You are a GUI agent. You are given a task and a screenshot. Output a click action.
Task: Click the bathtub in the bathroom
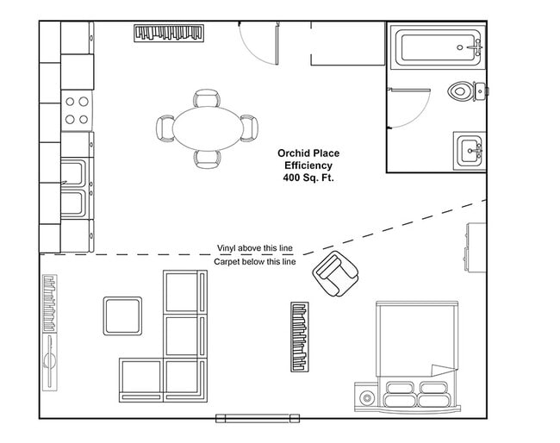click(x=437, y=47)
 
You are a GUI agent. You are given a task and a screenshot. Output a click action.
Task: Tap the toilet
click(x=464, y=90)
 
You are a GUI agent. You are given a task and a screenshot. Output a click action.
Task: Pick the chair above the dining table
click(x=207, y=98)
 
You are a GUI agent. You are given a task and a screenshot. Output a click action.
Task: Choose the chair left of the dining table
click(x=165, y=128)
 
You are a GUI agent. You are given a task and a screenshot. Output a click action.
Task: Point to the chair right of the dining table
click(x=248, y=127)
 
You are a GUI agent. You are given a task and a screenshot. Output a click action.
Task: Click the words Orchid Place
click(x=307, y=153)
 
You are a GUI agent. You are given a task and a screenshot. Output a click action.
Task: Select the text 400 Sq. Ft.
click(x=307, y=178)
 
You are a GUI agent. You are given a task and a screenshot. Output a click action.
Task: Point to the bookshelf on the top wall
click(x=170, y=33)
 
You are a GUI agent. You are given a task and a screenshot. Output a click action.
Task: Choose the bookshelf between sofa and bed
click(x=299, y=337)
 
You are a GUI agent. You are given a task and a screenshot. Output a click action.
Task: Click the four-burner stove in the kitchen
click(x=77, y=109)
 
